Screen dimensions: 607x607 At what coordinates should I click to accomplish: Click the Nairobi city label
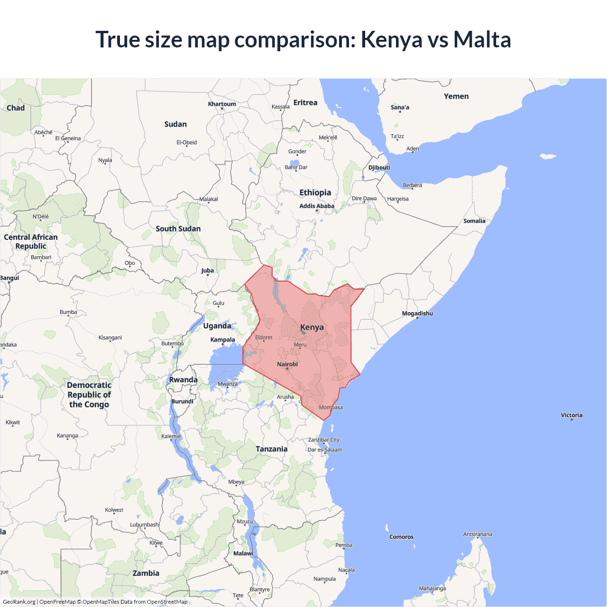287,364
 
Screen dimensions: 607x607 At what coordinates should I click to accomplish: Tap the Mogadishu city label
417,313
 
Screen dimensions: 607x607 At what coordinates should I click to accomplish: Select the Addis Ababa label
317,206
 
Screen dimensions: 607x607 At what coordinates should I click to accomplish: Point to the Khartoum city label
222,104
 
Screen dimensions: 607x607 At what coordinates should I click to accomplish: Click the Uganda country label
217,326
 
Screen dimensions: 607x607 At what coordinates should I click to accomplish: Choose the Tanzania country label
272,449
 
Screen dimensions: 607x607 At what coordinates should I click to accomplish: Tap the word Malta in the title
482,39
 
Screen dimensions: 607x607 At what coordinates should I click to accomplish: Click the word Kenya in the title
391,39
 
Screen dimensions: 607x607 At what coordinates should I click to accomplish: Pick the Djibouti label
379,167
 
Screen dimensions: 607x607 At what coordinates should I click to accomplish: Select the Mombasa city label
331,407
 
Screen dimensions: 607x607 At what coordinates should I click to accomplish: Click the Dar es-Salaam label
325,450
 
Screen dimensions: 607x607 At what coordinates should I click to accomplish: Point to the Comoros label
401,537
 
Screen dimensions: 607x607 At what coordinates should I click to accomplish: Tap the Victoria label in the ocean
571,415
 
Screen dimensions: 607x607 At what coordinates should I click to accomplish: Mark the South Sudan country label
178,229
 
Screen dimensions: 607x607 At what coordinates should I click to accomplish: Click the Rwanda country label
183,380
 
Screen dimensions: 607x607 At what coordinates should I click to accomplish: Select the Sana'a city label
400,107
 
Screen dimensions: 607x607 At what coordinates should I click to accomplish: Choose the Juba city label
207,271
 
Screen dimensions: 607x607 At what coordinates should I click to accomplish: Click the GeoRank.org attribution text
19,602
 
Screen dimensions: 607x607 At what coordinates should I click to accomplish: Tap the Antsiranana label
478,534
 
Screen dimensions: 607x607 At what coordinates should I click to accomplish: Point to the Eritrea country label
305,102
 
